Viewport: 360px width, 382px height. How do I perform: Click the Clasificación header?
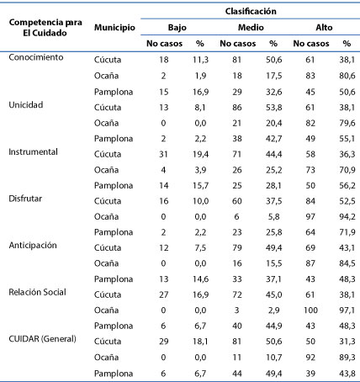251,11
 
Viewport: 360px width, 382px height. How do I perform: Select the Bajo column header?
177,28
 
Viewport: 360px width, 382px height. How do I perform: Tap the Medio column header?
251,28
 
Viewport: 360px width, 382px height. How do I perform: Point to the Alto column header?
324,28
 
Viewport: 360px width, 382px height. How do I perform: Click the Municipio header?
114,28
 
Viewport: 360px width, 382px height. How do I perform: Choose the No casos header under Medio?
238,44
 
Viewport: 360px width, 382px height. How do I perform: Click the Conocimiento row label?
36,57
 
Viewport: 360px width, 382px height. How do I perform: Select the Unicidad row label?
26,105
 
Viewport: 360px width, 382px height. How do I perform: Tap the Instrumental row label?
33,151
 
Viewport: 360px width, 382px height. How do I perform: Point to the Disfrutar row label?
25,199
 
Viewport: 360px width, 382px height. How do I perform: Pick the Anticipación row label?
33,246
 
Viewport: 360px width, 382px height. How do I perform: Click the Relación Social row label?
37,292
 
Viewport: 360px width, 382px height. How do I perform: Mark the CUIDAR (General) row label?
42,339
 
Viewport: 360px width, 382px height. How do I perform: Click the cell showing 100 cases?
310,310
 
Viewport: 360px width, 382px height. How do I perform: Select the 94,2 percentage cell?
347,216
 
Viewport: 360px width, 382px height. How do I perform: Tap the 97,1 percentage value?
347,310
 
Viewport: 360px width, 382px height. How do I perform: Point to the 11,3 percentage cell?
200,60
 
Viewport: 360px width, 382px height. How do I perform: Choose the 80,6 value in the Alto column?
347,76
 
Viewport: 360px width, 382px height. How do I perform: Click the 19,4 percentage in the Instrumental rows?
200,154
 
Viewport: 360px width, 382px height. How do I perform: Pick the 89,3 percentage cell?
347,358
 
